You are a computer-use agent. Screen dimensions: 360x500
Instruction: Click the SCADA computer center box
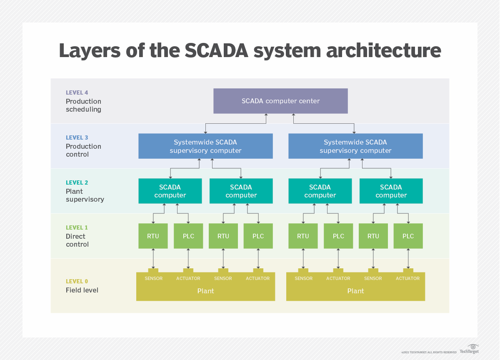[280, 101]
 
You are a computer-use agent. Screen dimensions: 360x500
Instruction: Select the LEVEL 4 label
[77, 93]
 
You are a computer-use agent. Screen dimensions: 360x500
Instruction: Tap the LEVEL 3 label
[77, 138]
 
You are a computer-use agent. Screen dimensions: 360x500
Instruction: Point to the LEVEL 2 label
[77, 183]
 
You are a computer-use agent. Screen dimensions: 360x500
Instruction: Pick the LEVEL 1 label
[77, 228]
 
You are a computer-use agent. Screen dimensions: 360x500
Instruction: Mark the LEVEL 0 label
[77, 281]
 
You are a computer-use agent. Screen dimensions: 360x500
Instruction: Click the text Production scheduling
[83, 105]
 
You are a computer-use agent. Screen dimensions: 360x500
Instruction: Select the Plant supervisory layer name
[85, 195]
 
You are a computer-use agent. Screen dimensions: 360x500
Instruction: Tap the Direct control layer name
[77, 240]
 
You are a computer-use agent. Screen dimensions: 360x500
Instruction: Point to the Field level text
[82, 290]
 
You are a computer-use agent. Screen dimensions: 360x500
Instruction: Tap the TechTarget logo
[469, 349]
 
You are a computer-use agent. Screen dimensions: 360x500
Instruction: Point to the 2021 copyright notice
[429, 352]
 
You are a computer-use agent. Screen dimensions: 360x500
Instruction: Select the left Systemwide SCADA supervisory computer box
[205, 146]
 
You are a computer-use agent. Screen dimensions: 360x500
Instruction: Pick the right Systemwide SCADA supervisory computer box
[355, 146]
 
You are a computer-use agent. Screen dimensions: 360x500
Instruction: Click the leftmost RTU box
[153, 236]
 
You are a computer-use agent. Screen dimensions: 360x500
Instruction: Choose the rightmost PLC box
[408, 236]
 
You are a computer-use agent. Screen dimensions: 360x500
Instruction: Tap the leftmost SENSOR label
[153, 278]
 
